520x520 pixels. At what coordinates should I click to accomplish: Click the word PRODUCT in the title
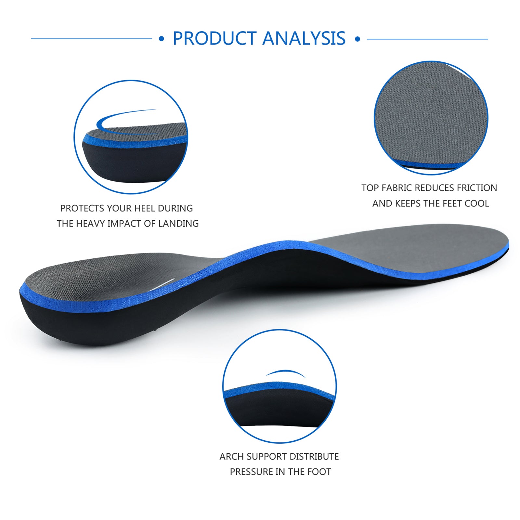(214, 38)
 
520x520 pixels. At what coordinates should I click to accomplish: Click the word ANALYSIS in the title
(304, 38)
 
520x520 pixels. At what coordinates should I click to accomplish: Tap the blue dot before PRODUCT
(162, 39)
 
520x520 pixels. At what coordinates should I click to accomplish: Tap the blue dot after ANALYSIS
(357, 39)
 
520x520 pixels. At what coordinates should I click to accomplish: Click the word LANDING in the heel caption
(178, 224)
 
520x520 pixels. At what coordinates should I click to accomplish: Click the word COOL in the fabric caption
(477, 203)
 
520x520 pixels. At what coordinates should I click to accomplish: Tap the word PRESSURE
(251, 472)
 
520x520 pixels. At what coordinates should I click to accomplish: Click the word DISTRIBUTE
(314, 457)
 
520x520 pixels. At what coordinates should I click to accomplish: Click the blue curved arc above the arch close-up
(286, 371)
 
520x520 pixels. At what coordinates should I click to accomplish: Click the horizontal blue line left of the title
(92, 39)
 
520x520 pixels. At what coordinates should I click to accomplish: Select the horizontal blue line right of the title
(427, 39)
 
